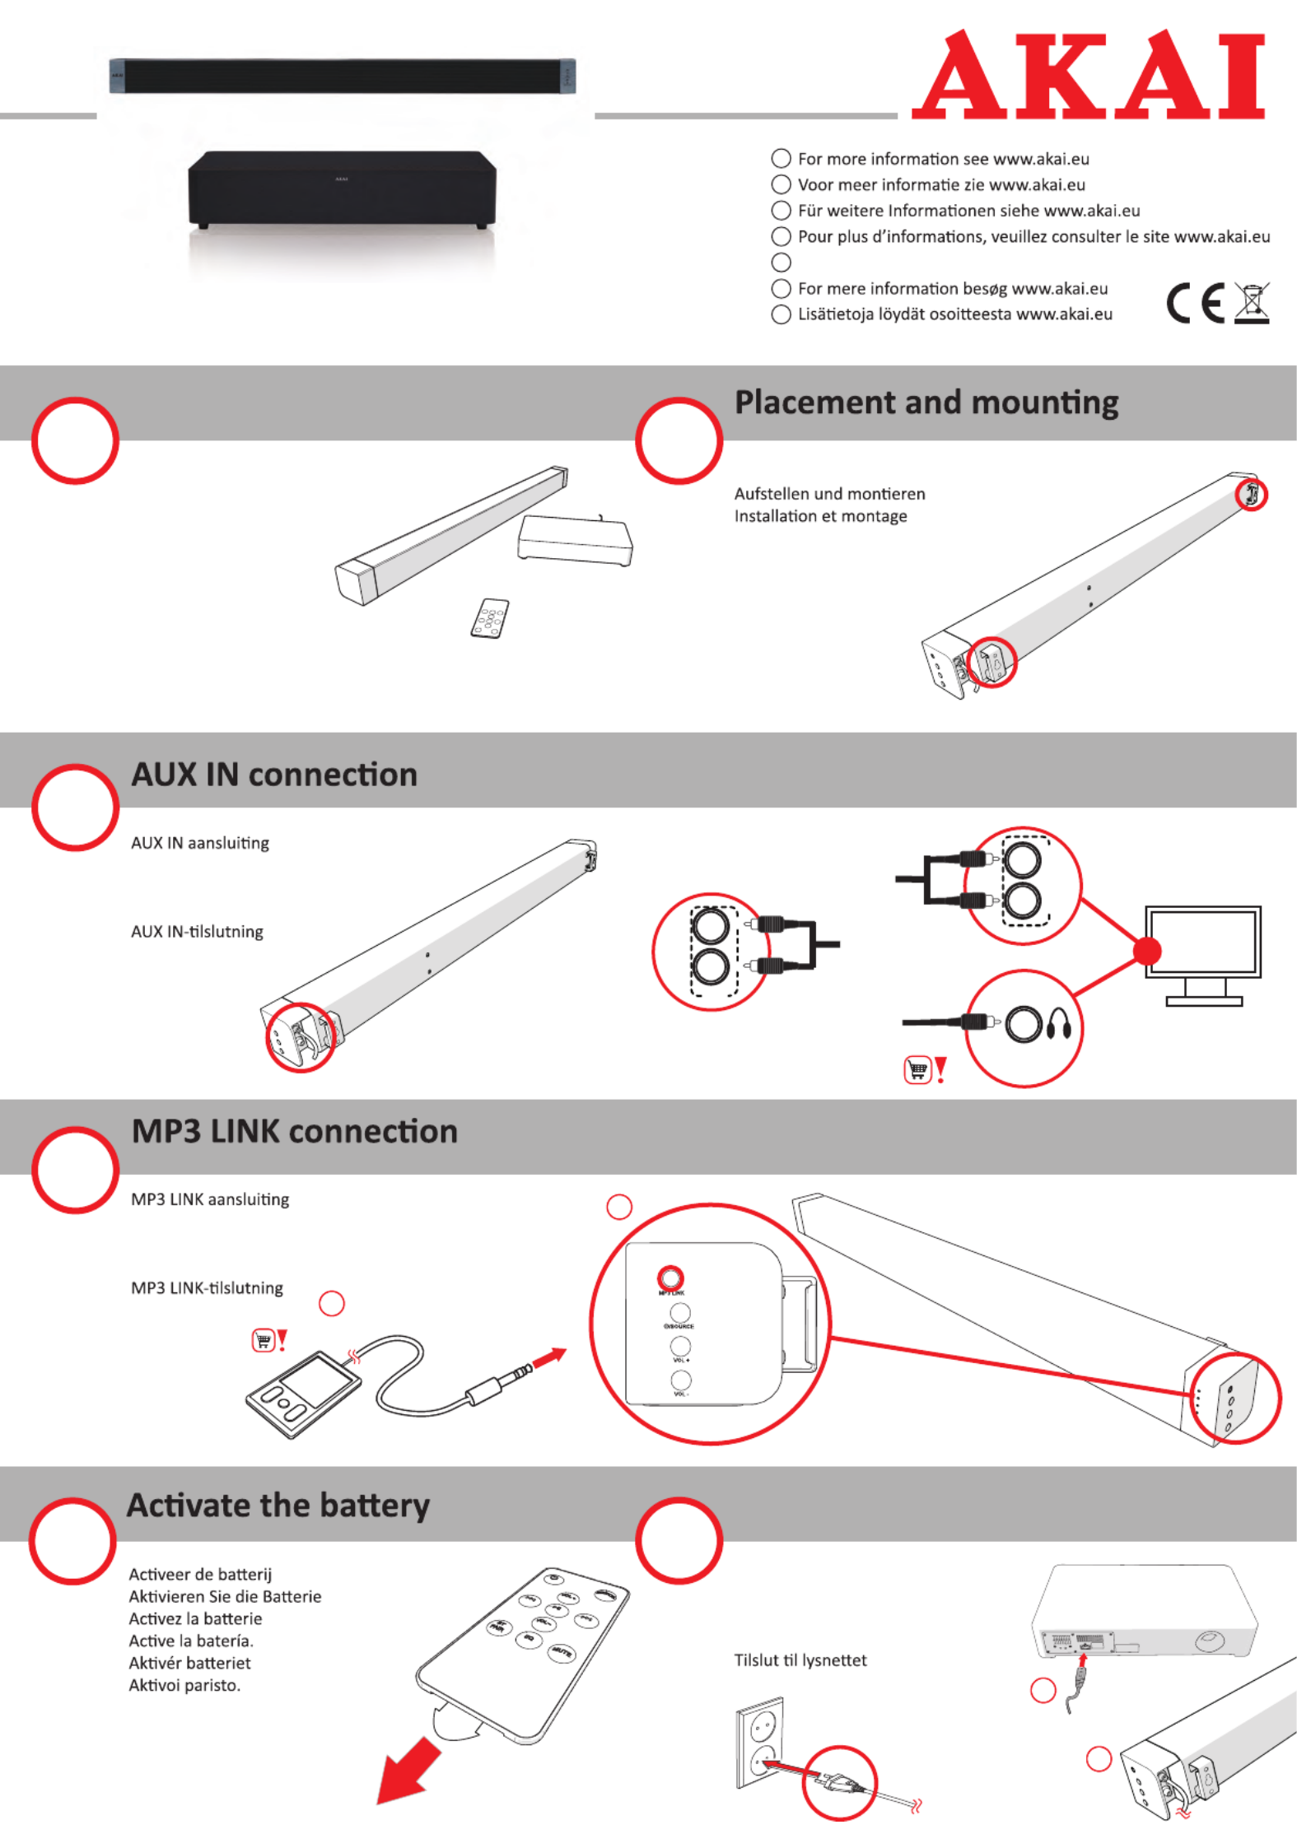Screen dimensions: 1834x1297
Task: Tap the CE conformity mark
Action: click(x=1195, y=303)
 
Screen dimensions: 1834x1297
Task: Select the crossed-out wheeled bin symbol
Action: click(x=1252, y=303)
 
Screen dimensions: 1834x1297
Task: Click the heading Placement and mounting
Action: click(x=926, y=403)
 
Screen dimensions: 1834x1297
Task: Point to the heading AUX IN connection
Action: click(x=274, y=775)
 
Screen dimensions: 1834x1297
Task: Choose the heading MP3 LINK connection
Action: click(x=294, y=1131)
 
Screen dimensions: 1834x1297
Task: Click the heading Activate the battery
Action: click(x=278, y=1505)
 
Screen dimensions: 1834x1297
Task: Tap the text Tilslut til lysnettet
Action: click(x=800, y=1659)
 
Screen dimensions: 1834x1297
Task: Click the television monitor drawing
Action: click(x=1203, y=953)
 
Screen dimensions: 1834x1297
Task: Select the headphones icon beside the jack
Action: click(x=1059, y=1026)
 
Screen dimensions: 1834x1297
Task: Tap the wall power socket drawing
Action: click(x=759, y=1742)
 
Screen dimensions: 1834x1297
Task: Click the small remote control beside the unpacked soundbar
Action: click(x=489, y=617)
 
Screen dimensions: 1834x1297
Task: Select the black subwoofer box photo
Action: click(x=342, y=189)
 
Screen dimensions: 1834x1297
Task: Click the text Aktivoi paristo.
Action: click(x=184, y=1685)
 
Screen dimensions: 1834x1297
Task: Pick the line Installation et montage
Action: click(x=820, y=516)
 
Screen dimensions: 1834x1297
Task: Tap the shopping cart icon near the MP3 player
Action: click(x=263, y=1340)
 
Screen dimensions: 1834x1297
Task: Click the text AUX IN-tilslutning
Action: click(x=197, y=931)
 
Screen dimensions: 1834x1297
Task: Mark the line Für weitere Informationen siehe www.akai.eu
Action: click(x=968, y=211)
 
